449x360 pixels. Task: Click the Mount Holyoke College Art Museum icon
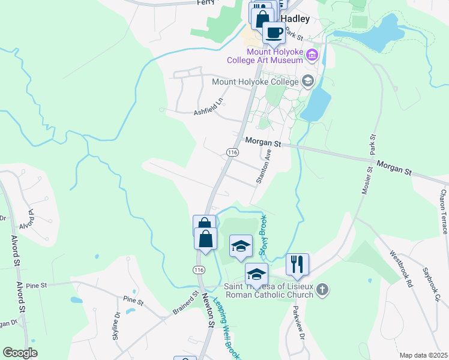(x=312, y=56)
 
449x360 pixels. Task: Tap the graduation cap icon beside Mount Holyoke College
(x=308, y=81)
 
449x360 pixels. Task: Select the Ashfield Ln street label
(x=208, y=106)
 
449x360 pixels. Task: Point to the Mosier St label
(x=369, y=179)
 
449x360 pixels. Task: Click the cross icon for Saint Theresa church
(x=322, y=291)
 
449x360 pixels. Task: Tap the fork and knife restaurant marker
(x=297, y=263)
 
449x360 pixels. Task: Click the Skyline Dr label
(x=116, y=325)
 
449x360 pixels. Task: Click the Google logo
(x=20, y=353)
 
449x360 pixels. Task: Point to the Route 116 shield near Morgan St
(x=233, y=154)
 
